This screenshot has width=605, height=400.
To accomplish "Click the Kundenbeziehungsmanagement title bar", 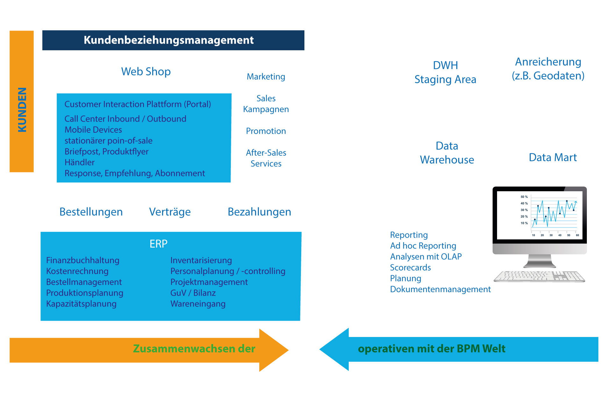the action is coord(173,40).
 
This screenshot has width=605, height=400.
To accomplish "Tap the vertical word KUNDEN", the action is coord(22,109).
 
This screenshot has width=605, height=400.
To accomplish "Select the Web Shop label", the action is coord(146,72).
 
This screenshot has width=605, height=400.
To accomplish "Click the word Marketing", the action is coord(266,77).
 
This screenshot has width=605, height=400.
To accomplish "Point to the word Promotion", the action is coord(266,131).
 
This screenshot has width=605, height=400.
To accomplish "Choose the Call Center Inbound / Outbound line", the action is coord(125,119).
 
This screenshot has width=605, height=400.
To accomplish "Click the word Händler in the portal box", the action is coord(80,162).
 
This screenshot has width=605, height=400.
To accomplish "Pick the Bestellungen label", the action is coord(91,212).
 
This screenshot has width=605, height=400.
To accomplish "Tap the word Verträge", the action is coord(170,212).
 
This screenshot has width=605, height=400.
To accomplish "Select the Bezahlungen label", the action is coord(259,212).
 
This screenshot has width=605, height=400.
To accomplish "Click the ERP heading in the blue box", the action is coord(159,244).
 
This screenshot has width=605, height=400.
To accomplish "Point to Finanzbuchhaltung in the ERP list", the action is coord(83,260).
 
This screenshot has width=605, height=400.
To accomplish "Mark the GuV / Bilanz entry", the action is coord(193,293).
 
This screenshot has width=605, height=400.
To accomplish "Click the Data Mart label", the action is coord(553,158).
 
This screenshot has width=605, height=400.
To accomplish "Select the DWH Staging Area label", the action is coord(445,72).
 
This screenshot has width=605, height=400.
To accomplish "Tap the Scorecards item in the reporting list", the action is coord(410,268).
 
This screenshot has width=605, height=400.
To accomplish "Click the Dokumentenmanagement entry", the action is coord(440,289).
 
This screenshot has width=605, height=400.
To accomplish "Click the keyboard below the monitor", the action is coord(539,276).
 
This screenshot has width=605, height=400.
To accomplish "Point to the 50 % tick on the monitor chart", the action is coord(524,197).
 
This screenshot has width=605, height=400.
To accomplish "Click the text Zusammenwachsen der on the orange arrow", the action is coord(194,349).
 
